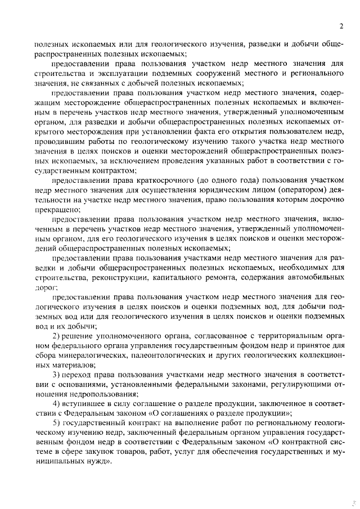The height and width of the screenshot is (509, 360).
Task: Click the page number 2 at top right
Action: [x=341, y=26]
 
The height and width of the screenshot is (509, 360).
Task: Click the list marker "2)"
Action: [x=57, y=336]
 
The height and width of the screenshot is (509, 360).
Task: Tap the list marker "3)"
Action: [x=57, y=375]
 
